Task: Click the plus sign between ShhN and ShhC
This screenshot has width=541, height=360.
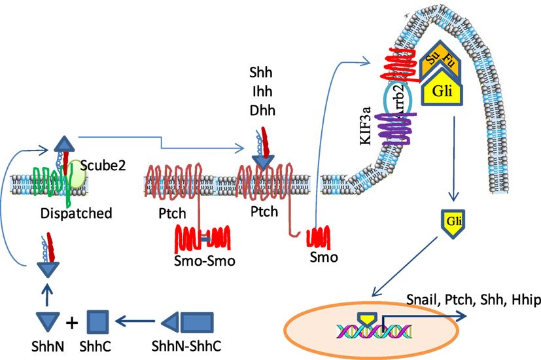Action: pos(73,322)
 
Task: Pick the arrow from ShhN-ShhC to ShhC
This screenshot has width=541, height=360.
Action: pos(135,321)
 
